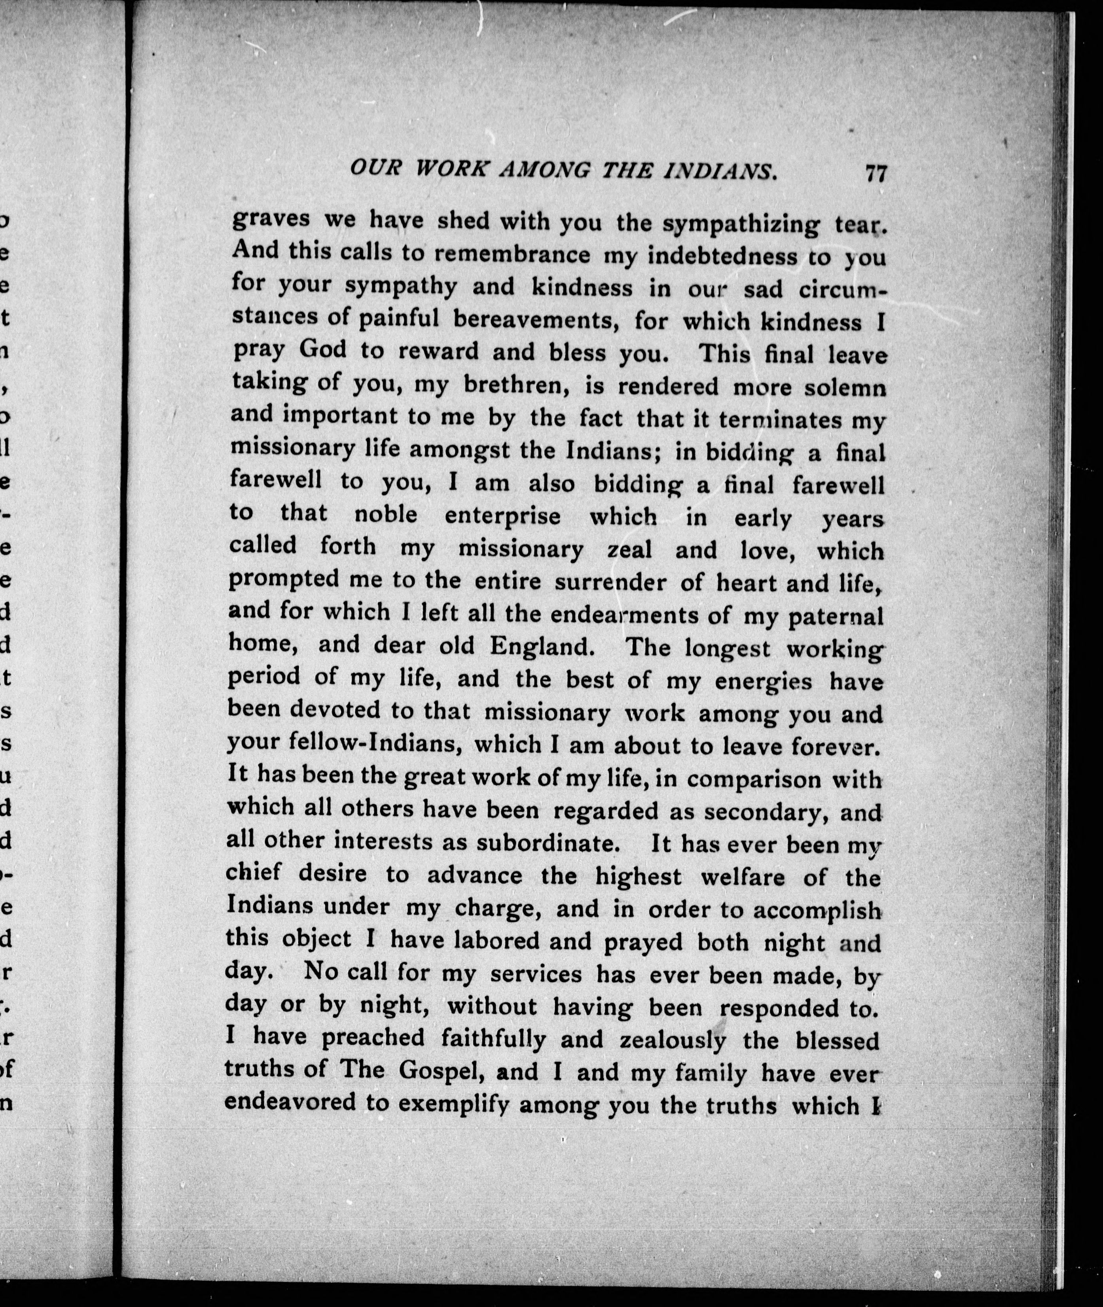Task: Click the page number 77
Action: (x=876, y=172)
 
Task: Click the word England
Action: (x=542, y=646)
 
